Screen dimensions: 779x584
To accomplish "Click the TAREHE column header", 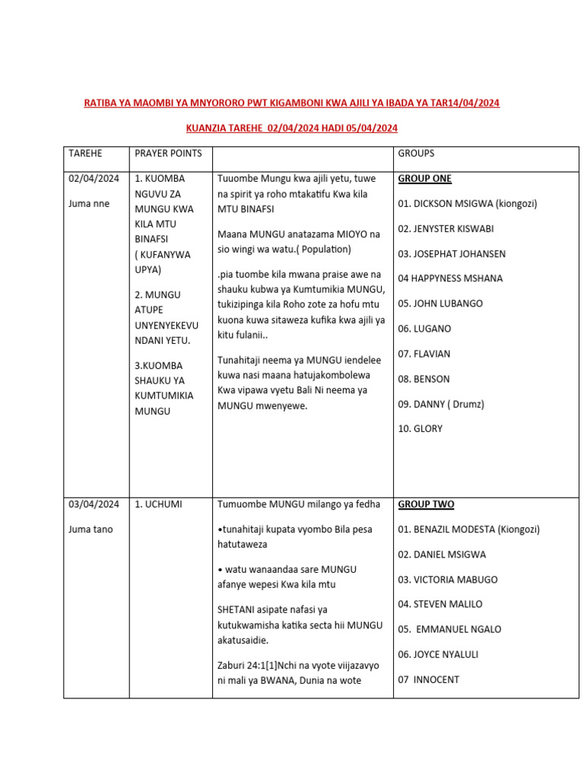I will click(85, 154).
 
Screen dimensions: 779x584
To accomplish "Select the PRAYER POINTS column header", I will click(168, 154).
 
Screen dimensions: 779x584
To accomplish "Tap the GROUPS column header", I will click(416, 154).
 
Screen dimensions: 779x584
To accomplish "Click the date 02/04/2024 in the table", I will click(94, 179).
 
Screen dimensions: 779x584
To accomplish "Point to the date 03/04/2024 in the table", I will click(94, 504).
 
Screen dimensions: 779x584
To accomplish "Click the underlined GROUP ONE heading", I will click(424, 179).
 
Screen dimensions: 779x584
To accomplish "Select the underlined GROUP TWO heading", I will click(426, 504).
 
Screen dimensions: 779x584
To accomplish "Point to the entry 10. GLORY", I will click(420, 429).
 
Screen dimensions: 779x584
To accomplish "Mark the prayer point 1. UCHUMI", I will click(158, 504).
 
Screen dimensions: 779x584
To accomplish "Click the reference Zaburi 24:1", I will click(243, 666).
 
